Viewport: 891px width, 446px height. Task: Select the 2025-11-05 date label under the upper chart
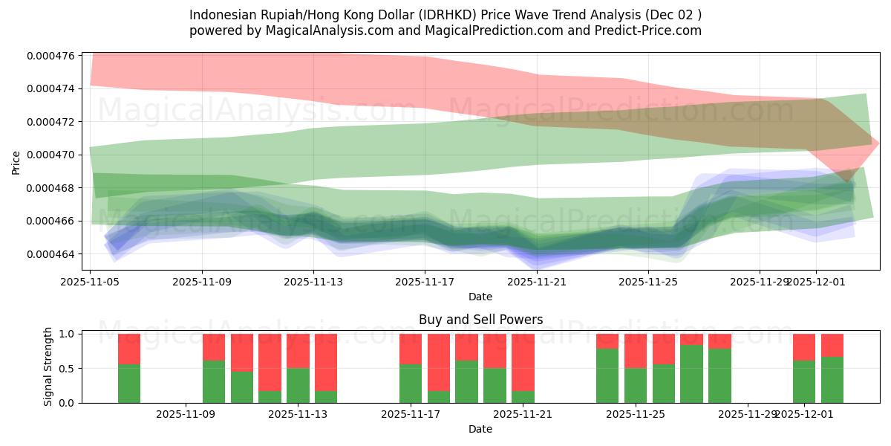[90, 282]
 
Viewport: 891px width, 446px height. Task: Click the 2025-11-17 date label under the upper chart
[425, 282]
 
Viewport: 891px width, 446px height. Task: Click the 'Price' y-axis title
[16, 162]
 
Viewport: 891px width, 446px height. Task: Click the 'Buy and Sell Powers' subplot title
[480, 320]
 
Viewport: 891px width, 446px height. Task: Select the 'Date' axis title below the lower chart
[480, 429]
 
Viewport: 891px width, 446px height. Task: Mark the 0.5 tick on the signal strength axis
[66, 369]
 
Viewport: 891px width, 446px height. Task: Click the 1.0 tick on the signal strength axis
[66, 334]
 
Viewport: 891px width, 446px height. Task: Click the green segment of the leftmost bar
[129, 384]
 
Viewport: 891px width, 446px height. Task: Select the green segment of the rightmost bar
[832, 380]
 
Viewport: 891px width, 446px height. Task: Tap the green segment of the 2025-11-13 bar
[298, 385]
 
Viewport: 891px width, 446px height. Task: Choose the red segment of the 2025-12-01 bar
[804, 347]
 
